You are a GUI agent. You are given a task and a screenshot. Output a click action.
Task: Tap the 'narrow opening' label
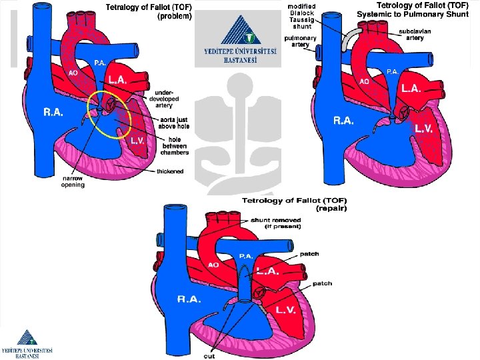click(x=73, y=181)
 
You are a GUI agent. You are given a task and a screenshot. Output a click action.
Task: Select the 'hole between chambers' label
click(x=174, y=145)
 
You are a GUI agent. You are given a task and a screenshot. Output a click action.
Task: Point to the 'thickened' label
click(x=170, y=171)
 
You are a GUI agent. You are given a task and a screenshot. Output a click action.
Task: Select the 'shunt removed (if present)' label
click(x=275, y=223)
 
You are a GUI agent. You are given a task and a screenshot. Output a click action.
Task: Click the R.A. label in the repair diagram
click(x=189, y=299)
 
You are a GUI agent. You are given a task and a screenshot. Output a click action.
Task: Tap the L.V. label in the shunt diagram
click(x=425, y=128)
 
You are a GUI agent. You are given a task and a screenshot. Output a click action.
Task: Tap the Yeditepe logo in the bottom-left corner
click(x=27, y=343)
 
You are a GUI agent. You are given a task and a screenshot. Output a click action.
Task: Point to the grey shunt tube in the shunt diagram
click(x=351, y=39)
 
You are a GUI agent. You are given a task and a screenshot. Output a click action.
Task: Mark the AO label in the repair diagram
click(x=213, y=265)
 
